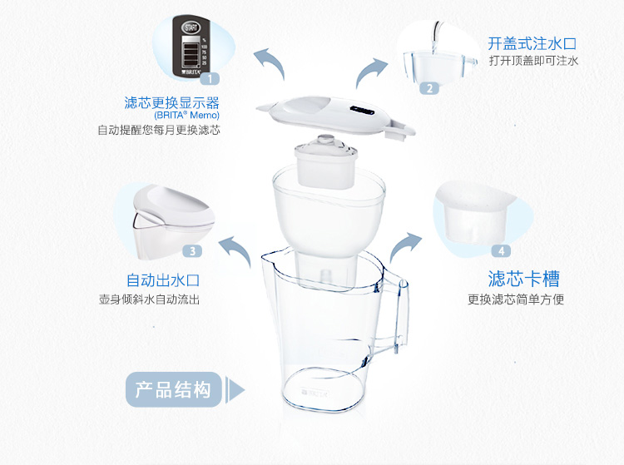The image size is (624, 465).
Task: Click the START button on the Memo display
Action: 191,27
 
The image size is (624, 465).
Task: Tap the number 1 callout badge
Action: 210,78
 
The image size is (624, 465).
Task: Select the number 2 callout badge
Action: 429,88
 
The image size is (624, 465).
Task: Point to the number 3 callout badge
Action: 193,251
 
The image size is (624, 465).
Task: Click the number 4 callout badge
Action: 501,251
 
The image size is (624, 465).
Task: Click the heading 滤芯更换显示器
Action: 172,102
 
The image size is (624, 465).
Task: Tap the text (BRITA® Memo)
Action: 186,116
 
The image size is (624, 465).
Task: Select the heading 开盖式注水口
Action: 532,43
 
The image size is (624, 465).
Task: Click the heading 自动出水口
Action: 163,280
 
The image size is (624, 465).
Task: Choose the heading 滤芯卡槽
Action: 523,279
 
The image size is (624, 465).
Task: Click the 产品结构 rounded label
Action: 174,389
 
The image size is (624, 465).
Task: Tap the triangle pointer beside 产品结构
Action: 237,390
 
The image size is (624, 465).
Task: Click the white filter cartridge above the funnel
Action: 326,161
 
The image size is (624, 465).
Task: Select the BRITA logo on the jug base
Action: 315,393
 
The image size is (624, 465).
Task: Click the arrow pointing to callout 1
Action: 270,63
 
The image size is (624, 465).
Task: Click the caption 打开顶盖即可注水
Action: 533,61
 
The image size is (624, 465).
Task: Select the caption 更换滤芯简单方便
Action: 516,299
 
